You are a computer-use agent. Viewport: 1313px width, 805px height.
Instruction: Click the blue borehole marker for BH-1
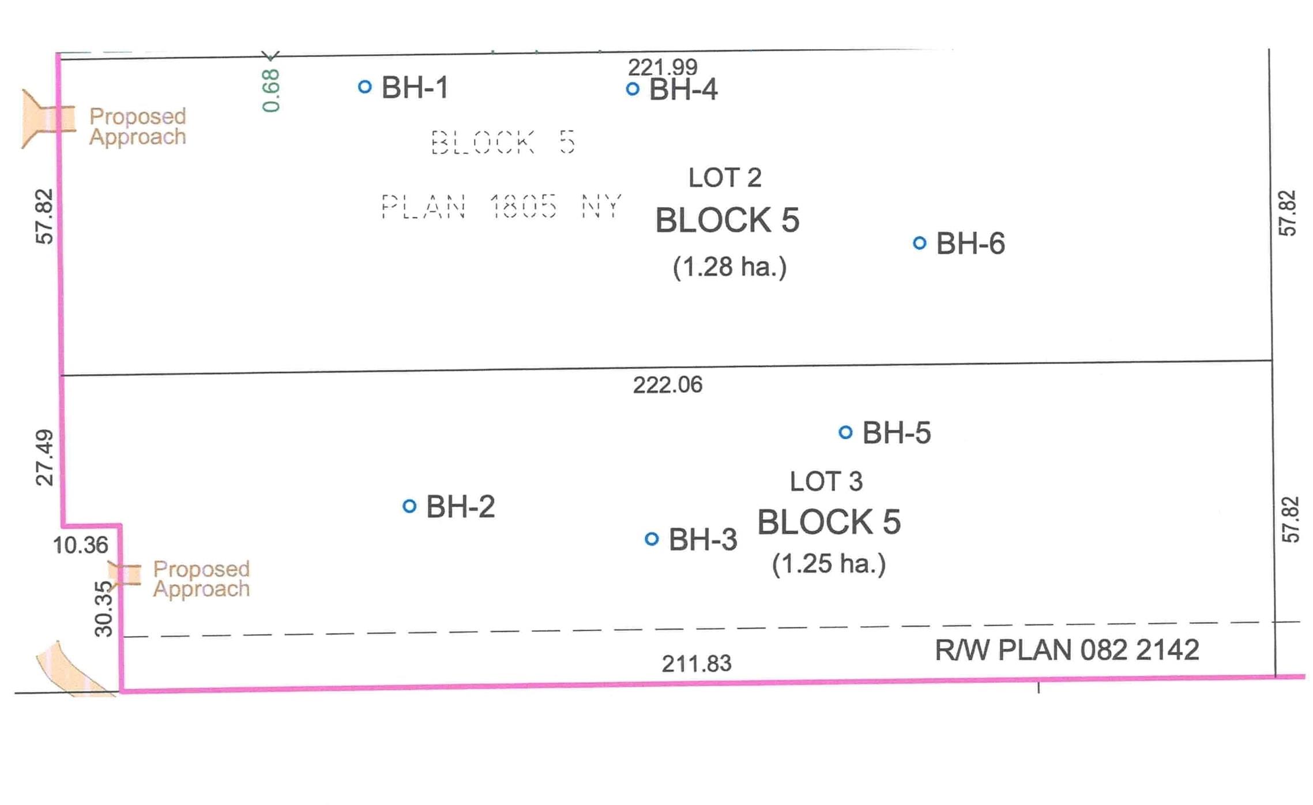[x=364, y=87]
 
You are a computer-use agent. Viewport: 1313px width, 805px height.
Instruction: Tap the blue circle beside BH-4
[x=633, y=89]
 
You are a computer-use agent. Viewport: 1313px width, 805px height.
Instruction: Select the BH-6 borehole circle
[x=920, y=243]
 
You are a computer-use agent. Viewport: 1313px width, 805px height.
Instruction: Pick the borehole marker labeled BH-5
[x=845, y=432]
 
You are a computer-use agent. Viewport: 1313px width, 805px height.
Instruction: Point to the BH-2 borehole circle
[x=409, y=506]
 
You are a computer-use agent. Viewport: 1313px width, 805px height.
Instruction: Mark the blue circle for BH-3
[x=652, y=539]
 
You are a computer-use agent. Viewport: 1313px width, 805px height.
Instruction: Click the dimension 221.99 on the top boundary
[x=663, y=67]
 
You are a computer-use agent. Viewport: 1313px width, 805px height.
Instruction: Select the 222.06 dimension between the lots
[x=668, y=385]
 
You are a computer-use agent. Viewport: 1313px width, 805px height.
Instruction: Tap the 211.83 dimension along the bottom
[x=697, y=664]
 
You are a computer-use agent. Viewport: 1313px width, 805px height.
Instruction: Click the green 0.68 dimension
[x=270, y=91]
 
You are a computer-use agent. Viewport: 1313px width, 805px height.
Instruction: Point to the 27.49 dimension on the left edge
[x=45, y=458]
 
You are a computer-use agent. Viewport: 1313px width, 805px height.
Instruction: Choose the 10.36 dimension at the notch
[x=80, y=545]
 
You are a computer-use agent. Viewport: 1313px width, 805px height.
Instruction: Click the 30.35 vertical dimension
[x=104, y=609]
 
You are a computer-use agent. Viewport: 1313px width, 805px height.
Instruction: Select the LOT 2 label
[x=725, y=178]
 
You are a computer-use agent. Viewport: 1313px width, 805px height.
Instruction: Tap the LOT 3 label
[x=826, y=482]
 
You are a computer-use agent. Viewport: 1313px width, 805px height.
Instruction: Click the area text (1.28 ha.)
[x=729, y=267]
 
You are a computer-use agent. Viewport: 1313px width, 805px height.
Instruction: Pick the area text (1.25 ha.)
[x=829, y=564]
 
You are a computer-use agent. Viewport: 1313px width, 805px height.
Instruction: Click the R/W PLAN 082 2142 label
[x=1067, y=650]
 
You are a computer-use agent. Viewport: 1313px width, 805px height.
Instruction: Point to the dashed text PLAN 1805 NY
[x=501, y=206]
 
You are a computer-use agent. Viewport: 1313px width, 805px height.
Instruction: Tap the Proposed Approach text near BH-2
[x=201, y=579]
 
